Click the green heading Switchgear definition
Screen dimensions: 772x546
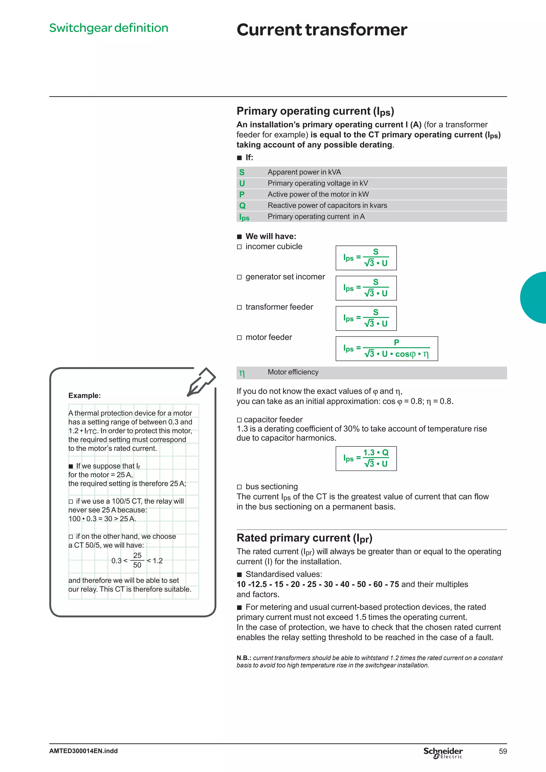point(109,28)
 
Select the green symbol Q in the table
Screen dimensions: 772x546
point(242,205)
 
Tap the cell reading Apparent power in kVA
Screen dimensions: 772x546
point(304,172)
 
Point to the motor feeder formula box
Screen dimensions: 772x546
point(387,348)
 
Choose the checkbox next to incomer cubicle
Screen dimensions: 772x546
point(239,247)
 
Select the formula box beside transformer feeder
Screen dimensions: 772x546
point(366,318)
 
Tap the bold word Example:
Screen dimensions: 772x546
point(85,395)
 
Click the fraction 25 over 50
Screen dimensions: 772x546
point(137,560)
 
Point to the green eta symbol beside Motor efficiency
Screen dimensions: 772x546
point(242,373)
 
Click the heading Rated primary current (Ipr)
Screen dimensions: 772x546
point(304,538)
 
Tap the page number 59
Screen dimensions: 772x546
point(503,751)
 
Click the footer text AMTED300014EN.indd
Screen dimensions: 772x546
point(83,751)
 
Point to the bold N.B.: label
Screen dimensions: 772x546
point(244,658)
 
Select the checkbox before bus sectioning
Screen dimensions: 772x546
point(239,487)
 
